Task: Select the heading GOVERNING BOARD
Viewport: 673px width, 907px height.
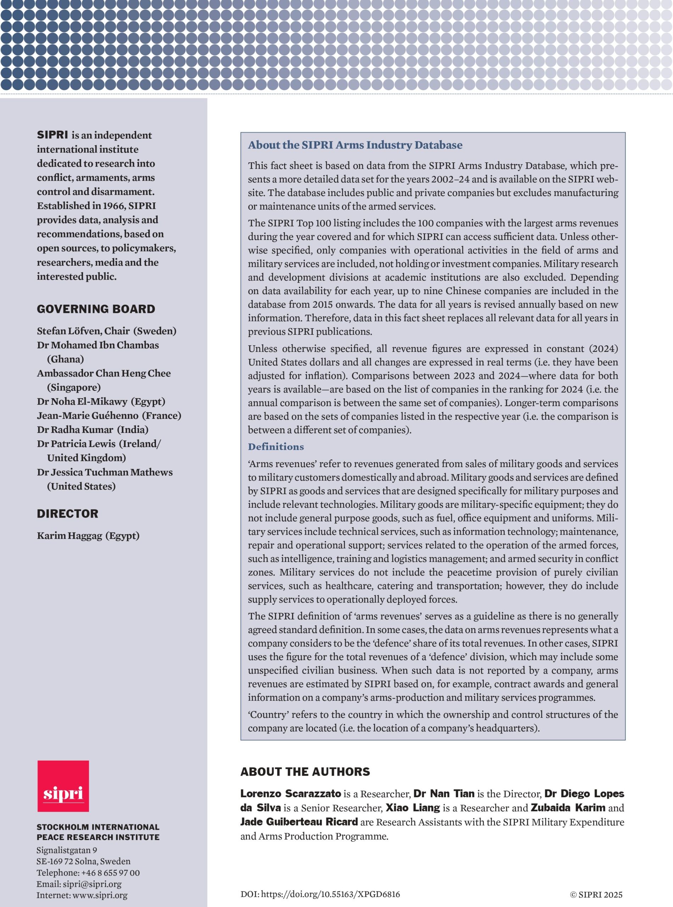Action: click(x=96, y=309)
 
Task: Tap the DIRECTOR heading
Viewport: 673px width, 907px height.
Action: click(x=68, y=513)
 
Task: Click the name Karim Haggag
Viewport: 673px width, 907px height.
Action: click(x=69, y=535)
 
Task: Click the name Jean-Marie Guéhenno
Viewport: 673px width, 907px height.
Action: click(x=88, y=415)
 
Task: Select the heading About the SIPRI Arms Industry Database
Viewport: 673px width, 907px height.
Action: click(x=355, y=145)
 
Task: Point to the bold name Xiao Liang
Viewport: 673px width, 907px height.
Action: click(x=413, y=808)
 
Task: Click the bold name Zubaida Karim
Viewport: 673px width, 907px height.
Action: click(x=568, y=808)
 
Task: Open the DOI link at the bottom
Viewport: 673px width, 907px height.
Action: click(x=330, y=894)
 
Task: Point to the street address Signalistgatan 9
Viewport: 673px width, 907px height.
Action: click(x=67, y=850)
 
